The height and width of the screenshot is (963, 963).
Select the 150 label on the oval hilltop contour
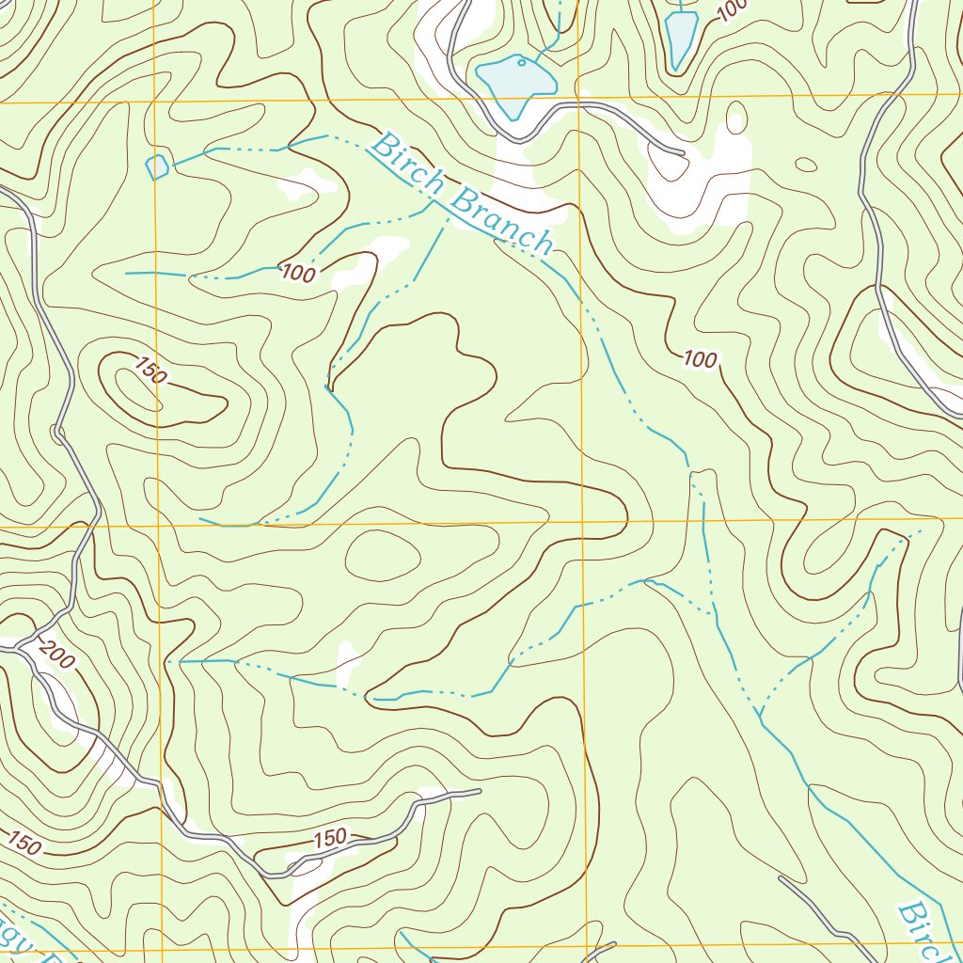[x=150, y=371]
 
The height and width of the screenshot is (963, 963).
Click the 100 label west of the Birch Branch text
[x=298, y=274]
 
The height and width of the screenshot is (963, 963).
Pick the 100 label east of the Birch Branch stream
[x=700, y=358]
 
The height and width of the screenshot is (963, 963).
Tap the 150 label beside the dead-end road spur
[x=330, y=837]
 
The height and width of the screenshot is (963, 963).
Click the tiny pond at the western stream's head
[x=157, y=167]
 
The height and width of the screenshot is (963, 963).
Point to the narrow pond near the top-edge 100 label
[x=680, y=38]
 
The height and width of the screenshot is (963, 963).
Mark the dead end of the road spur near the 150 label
[x=479, y=792]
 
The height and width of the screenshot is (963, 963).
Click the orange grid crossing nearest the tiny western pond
[x=154, y=100]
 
